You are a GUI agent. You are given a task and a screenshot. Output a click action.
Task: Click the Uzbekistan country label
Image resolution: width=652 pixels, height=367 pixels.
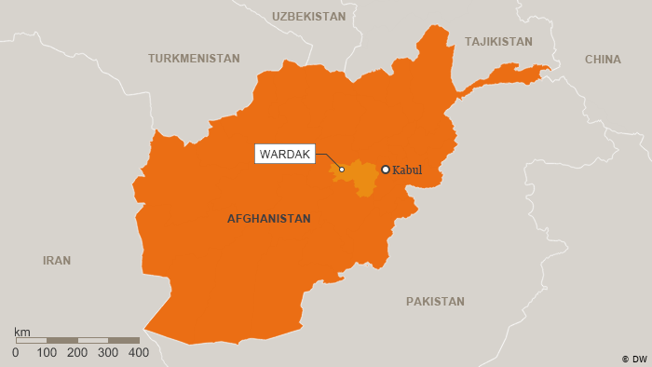coord(308,17)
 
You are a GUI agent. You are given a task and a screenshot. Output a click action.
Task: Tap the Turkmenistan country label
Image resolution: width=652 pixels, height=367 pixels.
coord(194,58)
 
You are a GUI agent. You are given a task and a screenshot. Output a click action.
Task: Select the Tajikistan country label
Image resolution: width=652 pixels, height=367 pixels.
coord(498,42)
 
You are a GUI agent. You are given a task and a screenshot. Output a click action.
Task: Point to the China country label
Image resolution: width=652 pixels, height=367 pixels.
coord(603,60)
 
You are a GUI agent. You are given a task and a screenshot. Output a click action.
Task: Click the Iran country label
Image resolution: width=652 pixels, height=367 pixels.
coord(57,261)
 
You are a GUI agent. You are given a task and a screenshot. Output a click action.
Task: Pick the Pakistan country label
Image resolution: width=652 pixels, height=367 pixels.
coord(435,302)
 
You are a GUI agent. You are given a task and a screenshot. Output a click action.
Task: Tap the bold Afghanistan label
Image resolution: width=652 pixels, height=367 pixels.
coord(269,219)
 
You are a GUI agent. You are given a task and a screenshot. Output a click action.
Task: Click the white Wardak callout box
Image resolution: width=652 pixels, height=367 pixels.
coord(285,154)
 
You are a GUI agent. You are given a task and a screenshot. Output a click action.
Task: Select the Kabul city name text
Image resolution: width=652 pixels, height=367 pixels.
coord(407,170)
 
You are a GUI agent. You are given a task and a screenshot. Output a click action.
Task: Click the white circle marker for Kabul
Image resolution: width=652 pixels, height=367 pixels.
coord(386,170)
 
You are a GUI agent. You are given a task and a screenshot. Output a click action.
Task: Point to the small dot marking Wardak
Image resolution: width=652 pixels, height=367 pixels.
coord(342,170)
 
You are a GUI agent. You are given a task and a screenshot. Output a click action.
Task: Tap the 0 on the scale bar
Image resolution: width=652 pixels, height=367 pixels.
coord(16,353)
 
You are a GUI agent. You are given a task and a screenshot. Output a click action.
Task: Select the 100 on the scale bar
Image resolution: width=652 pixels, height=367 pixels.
coord(47,353)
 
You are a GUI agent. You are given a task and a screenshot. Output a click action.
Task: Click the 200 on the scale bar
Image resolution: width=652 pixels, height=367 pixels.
coord(77,353)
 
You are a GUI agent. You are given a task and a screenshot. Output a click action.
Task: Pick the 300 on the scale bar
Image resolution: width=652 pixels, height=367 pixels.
coord(108,353)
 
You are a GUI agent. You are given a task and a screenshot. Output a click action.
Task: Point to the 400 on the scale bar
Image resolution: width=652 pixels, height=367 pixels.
coord(139,353)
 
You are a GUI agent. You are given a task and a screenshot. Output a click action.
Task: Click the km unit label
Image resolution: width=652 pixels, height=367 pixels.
coord(22,332)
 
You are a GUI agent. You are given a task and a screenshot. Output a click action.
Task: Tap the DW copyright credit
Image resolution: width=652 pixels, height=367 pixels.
coord(634,359)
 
